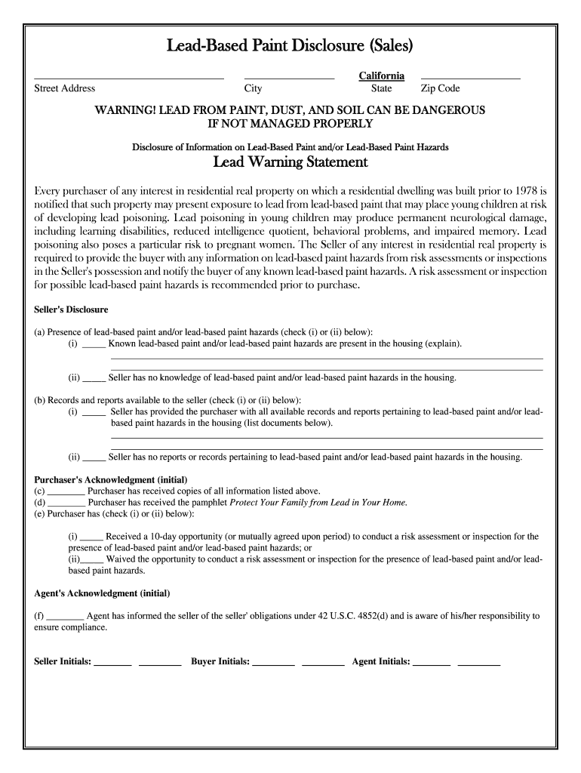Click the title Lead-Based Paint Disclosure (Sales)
290,46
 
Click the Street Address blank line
129,78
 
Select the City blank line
289,78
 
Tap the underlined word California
381,76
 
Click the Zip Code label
440,88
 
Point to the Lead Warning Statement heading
290,162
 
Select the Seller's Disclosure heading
72,310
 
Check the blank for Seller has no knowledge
94,379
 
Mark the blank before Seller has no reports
94,458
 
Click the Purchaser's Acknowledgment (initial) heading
111,479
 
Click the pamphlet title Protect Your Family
318,502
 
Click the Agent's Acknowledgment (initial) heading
102,593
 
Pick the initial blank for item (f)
66,617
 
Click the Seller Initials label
63,662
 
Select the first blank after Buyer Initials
273,664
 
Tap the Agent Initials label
381,662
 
